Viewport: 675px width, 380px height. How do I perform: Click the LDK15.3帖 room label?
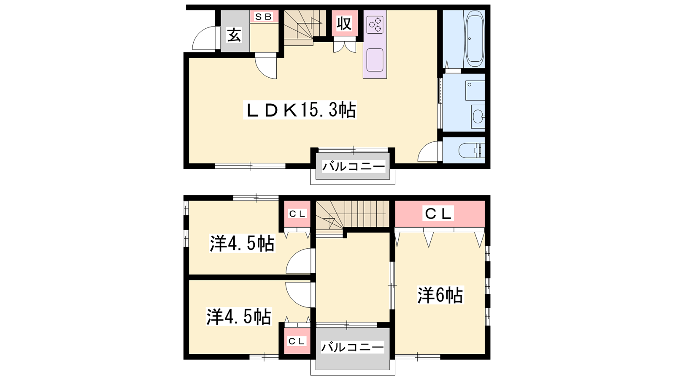coord(300,110)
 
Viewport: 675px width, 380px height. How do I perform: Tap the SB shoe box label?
coord(263,17)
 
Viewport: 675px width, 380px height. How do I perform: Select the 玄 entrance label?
coord(235,35)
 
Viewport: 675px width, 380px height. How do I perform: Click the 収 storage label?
coord(344,24)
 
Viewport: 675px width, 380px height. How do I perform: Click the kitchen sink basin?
coord(375,60)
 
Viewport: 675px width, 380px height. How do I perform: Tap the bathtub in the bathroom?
coord(474,39)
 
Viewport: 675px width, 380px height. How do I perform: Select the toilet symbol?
coord(471,150)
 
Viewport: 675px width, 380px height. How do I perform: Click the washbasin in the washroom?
coord(478,116)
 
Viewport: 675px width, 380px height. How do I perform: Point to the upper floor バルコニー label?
coord(354,166)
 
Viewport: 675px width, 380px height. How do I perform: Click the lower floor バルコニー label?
coord(352,347)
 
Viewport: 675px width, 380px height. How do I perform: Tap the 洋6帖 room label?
coord(440,295)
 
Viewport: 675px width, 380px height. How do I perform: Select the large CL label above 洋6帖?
coord(438,214)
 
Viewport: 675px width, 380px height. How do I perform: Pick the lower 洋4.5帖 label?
coord(239,316)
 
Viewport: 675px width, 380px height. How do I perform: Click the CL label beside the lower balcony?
coord(297,341)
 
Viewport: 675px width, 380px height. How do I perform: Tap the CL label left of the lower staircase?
coord(297,214)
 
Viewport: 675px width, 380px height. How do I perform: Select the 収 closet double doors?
coord(344,47)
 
